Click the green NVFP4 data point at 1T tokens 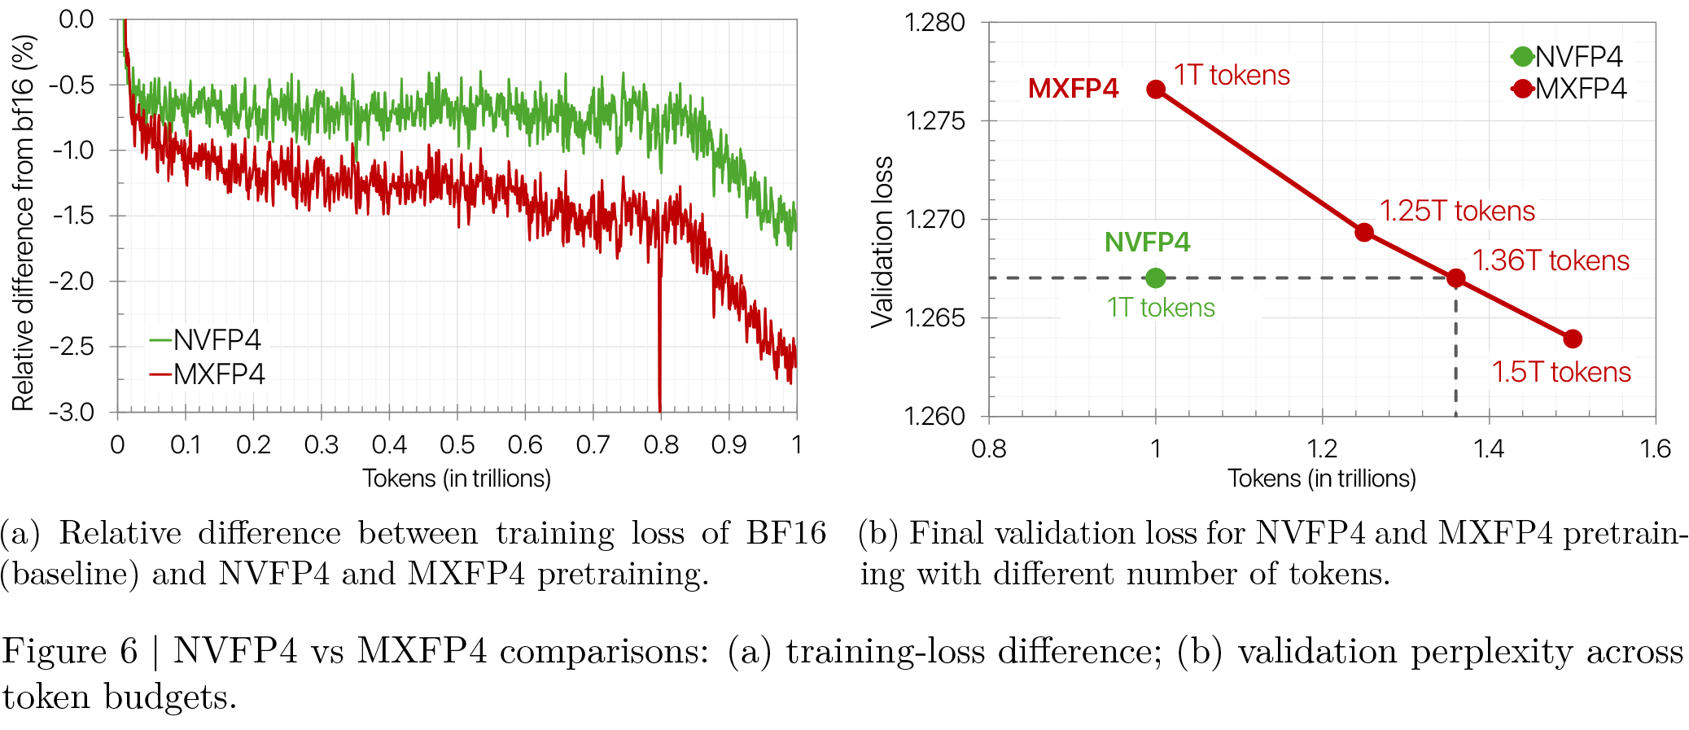point(1155,278)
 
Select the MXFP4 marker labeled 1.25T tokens point(1364,233)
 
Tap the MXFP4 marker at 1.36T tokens point(1455,278)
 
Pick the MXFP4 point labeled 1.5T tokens point(1573,339)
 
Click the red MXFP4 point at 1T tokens point(1156,89)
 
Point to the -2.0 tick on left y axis point(72,282)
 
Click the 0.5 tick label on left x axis point(457,445)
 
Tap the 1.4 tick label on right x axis point(1488,449)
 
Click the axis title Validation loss point(882,242)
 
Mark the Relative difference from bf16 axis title point(24,222)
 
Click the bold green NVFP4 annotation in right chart point(1147,242)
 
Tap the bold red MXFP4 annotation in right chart point(1073,88)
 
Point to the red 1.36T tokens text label point(1551,260)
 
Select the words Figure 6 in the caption point(69,651)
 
